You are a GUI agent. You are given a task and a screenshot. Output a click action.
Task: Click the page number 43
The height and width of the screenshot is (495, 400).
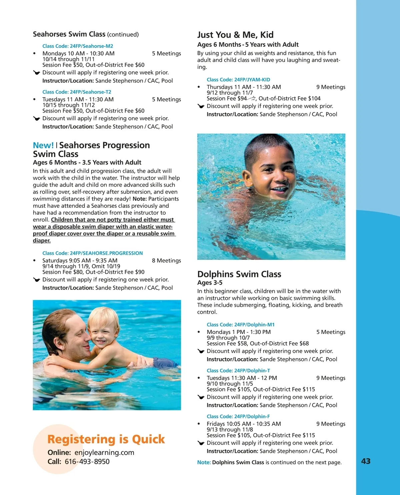coord(366,461)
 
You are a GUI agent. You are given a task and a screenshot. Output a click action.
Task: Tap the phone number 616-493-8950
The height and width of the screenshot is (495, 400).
coord(87,462)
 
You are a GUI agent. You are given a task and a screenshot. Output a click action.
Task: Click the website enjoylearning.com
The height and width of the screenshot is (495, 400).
coord(104,453)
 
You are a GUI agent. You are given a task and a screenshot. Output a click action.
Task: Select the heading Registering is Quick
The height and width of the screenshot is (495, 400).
coord(106,439)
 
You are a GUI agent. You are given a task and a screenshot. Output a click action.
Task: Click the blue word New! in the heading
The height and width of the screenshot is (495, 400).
coord(43,145)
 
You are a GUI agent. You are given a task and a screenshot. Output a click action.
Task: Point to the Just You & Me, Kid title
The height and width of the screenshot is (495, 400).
coord(235,35)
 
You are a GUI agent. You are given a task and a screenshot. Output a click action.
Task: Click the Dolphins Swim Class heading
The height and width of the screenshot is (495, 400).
coord(239,274)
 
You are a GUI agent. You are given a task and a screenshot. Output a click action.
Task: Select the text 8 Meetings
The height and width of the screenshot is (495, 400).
coord(166,261)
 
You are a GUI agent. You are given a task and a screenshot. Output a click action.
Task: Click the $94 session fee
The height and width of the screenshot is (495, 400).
coord(242,99)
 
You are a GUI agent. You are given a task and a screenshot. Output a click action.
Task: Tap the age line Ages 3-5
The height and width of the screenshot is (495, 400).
coord(210,283)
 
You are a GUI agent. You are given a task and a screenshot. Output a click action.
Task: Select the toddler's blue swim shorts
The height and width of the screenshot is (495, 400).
coord(163,362)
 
